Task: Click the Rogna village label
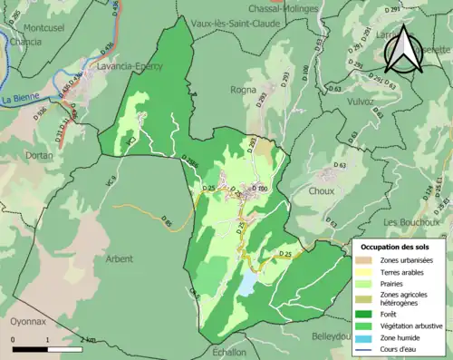point(245,89)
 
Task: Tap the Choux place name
point(321,191)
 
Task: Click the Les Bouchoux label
point(411,222)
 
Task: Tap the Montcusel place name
point(33,29)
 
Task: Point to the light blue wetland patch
point(246,285)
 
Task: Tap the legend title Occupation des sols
point(397,247)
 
